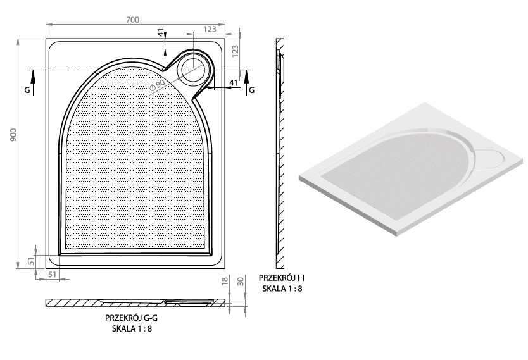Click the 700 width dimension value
tap(133, 20)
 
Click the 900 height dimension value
tap(13, 135)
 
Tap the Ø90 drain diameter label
tap(157, 86)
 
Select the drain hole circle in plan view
tap(193, 70)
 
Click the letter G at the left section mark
tap(27, 90)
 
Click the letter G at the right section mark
tap(251, 90)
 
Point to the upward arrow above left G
tap(33, 83)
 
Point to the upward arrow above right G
tap(246, 83)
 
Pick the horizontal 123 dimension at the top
tap(210, 29)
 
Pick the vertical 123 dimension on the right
tap(236, 51)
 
